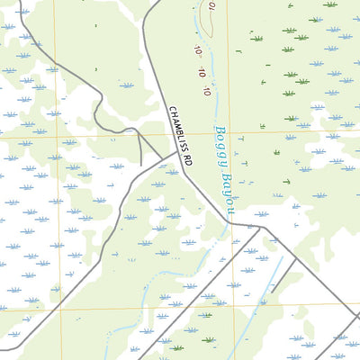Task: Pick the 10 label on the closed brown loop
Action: click(211, 7)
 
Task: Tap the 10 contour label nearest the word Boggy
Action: click(206, 91)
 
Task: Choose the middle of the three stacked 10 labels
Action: click(202, 74)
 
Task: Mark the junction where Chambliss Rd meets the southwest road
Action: click(176, 154)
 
